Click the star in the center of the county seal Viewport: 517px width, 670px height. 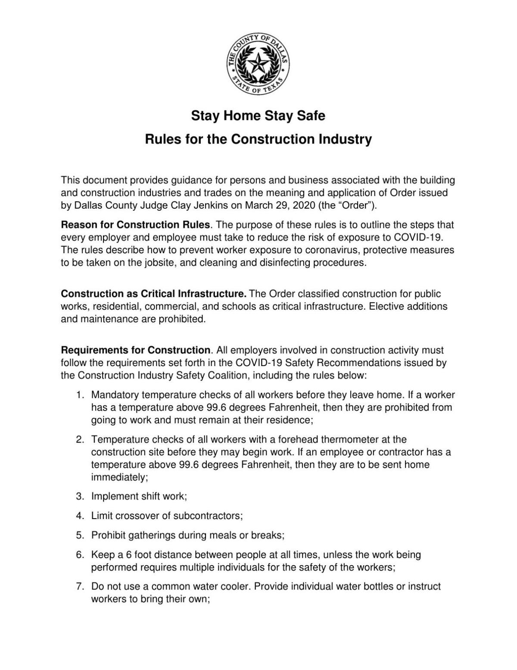258,64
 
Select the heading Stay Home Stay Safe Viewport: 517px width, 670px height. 258,116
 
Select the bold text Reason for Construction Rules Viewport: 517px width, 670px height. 135,225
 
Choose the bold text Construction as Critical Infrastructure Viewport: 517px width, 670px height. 153,294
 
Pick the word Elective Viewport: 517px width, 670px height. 386,307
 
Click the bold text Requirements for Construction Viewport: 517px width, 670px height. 135,350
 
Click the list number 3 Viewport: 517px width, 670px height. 79,496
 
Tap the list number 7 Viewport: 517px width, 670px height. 79,586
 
